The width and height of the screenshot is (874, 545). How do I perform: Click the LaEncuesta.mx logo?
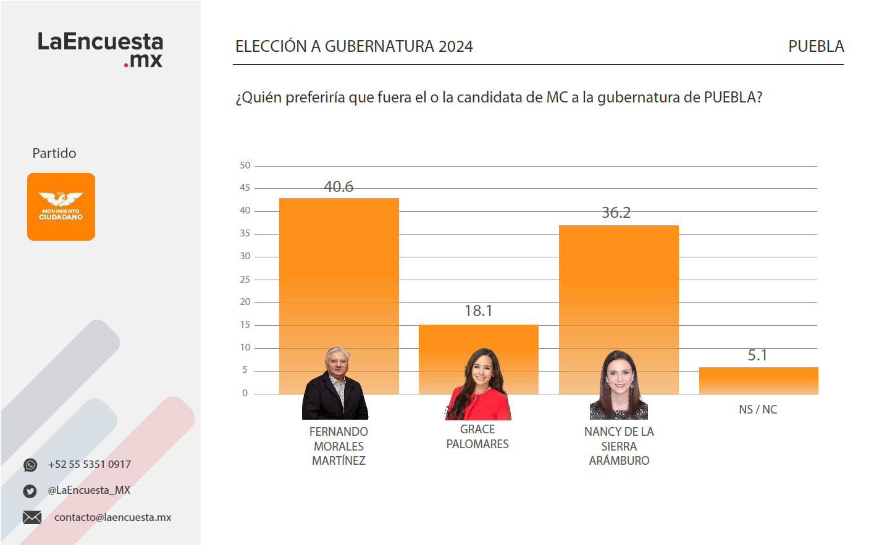[x=100, y=49]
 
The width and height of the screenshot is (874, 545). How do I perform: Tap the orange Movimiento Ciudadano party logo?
[x=61, y=207]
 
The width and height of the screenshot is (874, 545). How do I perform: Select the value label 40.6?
[x=338, y=186]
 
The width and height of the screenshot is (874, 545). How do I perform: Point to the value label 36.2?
[x=616, y=213]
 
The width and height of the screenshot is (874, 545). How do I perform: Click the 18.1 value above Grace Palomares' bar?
[x=478, y=310]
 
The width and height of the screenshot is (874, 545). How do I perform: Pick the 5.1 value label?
[x=757, y=356]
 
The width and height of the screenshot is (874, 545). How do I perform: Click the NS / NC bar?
[x=758, y=381]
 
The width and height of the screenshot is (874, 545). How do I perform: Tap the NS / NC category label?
[x=758, y=409]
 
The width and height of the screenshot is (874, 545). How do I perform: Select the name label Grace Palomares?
[x=477, y=436]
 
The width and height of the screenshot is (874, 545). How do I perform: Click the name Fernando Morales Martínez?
[x=338, y=446]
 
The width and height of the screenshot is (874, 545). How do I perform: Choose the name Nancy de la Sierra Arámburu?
[x=619, y=446]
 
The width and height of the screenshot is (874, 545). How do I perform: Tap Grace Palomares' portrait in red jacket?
[x=479, y=385]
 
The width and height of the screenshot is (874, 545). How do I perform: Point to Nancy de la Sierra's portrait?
[x=619, y=385]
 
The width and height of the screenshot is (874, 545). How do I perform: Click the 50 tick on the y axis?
[x=245, y=165]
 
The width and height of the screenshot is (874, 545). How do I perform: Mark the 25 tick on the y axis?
[x=245, y=280]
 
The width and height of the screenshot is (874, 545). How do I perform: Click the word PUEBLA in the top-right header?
[x=816, y=46]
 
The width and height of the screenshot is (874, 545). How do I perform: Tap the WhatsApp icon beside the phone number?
[x=30, y=465]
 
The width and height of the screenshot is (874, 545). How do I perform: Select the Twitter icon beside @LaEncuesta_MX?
[x=30, y=491]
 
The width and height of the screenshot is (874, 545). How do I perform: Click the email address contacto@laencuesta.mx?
[x=112, y=517]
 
